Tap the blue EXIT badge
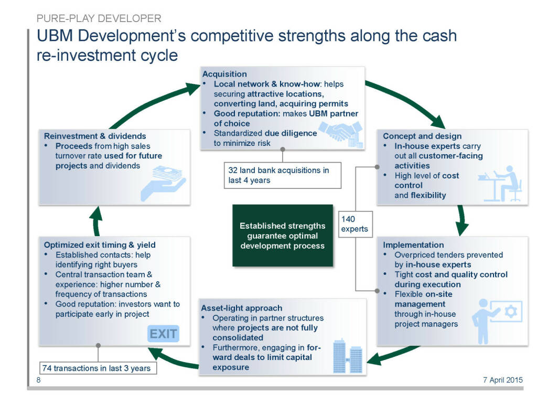[163, 334]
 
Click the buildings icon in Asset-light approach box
[348, 356]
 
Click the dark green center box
[282, 235]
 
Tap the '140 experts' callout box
[355, 224]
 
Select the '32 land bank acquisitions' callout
[282, 175]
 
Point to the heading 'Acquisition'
[224, 74]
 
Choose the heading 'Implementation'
[413, 245]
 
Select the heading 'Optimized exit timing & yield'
[100, 245]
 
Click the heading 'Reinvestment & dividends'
[95, 136]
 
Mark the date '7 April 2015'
[502, 380]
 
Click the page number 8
[38, 380]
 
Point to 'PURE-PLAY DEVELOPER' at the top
[99, 19]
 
